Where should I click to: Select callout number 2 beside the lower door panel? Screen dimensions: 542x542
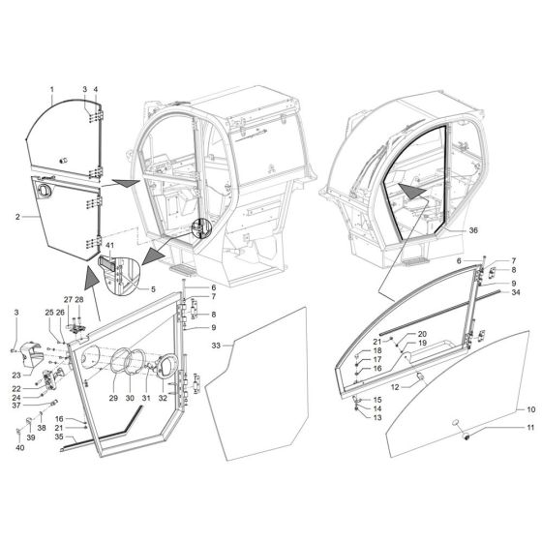[18, 216]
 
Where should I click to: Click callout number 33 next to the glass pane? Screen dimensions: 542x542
[216, 346]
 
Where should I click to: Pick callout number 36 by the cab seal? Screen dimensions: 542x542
[473, 231]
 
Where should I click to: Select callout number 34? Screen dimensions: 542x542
[516, 291]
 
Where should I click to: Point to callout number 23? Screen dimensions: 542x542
[15, 374]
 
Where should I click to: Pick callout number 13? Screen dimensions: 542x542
[377, 418]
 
